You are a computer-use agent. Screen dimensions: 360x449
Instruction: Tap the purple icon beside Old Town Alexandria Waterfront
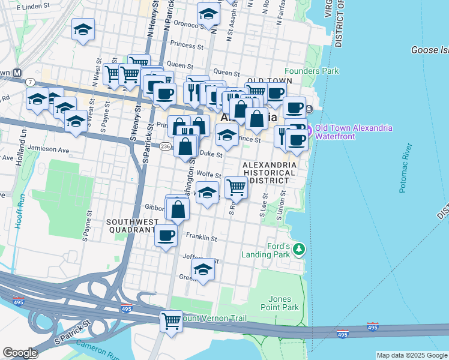click(309, 129)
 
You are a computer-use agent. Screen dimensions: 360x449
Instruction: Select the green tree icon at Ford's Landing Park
click(299, 249)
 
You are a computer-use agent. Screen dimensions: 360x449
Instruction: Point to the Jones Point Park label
click(280, 303)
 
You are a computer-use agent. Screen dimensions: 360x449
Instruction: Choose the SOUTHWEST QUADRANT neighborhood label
click(131, 226)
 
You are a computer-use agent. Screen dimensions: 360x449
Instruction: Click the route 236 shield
click(167, 146)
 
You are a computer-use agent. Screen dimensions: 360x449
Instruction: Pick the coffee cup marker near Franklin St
click(166, 235)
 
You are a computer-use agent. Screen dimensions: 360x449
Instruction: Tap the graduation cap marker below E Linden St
click(83, 29)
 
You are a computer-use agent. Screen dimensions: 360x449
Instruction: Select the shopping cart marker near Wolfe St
click(237, 187)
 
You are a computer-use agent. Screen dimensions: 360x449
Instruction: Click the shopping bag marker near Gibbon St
click(178, 209)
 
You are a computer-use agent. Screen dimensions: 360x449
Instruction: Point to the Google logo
click(20, 353)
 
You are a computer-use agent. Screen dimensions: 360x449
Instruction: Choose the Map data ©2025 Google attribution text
click(412, 355)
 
